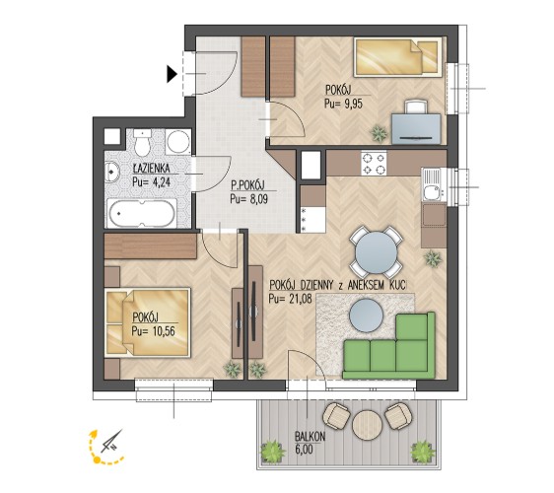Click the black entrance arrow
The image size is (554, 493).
tap(172, 74)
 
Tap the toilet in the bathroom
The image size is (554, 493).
tap(142, 142)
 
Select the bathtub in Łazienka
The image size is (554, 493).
tap(142, 213)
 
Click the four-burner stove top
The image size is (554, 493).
tap(374, 164)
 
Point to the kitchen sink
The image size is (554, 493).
tap(432, 184)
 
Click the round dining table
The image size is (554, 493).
tap(377, 252)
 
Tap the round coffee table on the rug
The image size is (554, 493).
tap(366, 316)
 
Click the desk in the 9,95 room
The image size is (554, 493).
tap(416, 128)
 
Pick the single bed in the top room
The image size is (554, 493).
tap(397, 56)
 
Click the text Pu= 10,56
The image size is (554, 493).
tap(154, 331)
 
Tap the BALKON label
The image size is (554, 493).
tap(310, 437)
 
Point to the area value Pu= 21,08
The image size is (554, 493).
tap(291, 299)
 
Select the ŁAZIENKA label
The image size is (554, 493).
tap(151, 169)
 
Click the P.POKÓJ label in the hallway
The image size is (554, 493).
tap(247, 185)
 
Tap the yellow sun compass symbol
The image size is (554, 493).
tap(106, 447)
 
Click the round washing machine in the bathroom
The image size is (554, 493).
tap(178, 142)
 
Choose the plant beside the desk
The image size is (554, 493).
tap(379, 133)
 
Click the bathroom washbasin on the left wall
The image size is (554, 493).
tap(112, 173)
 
